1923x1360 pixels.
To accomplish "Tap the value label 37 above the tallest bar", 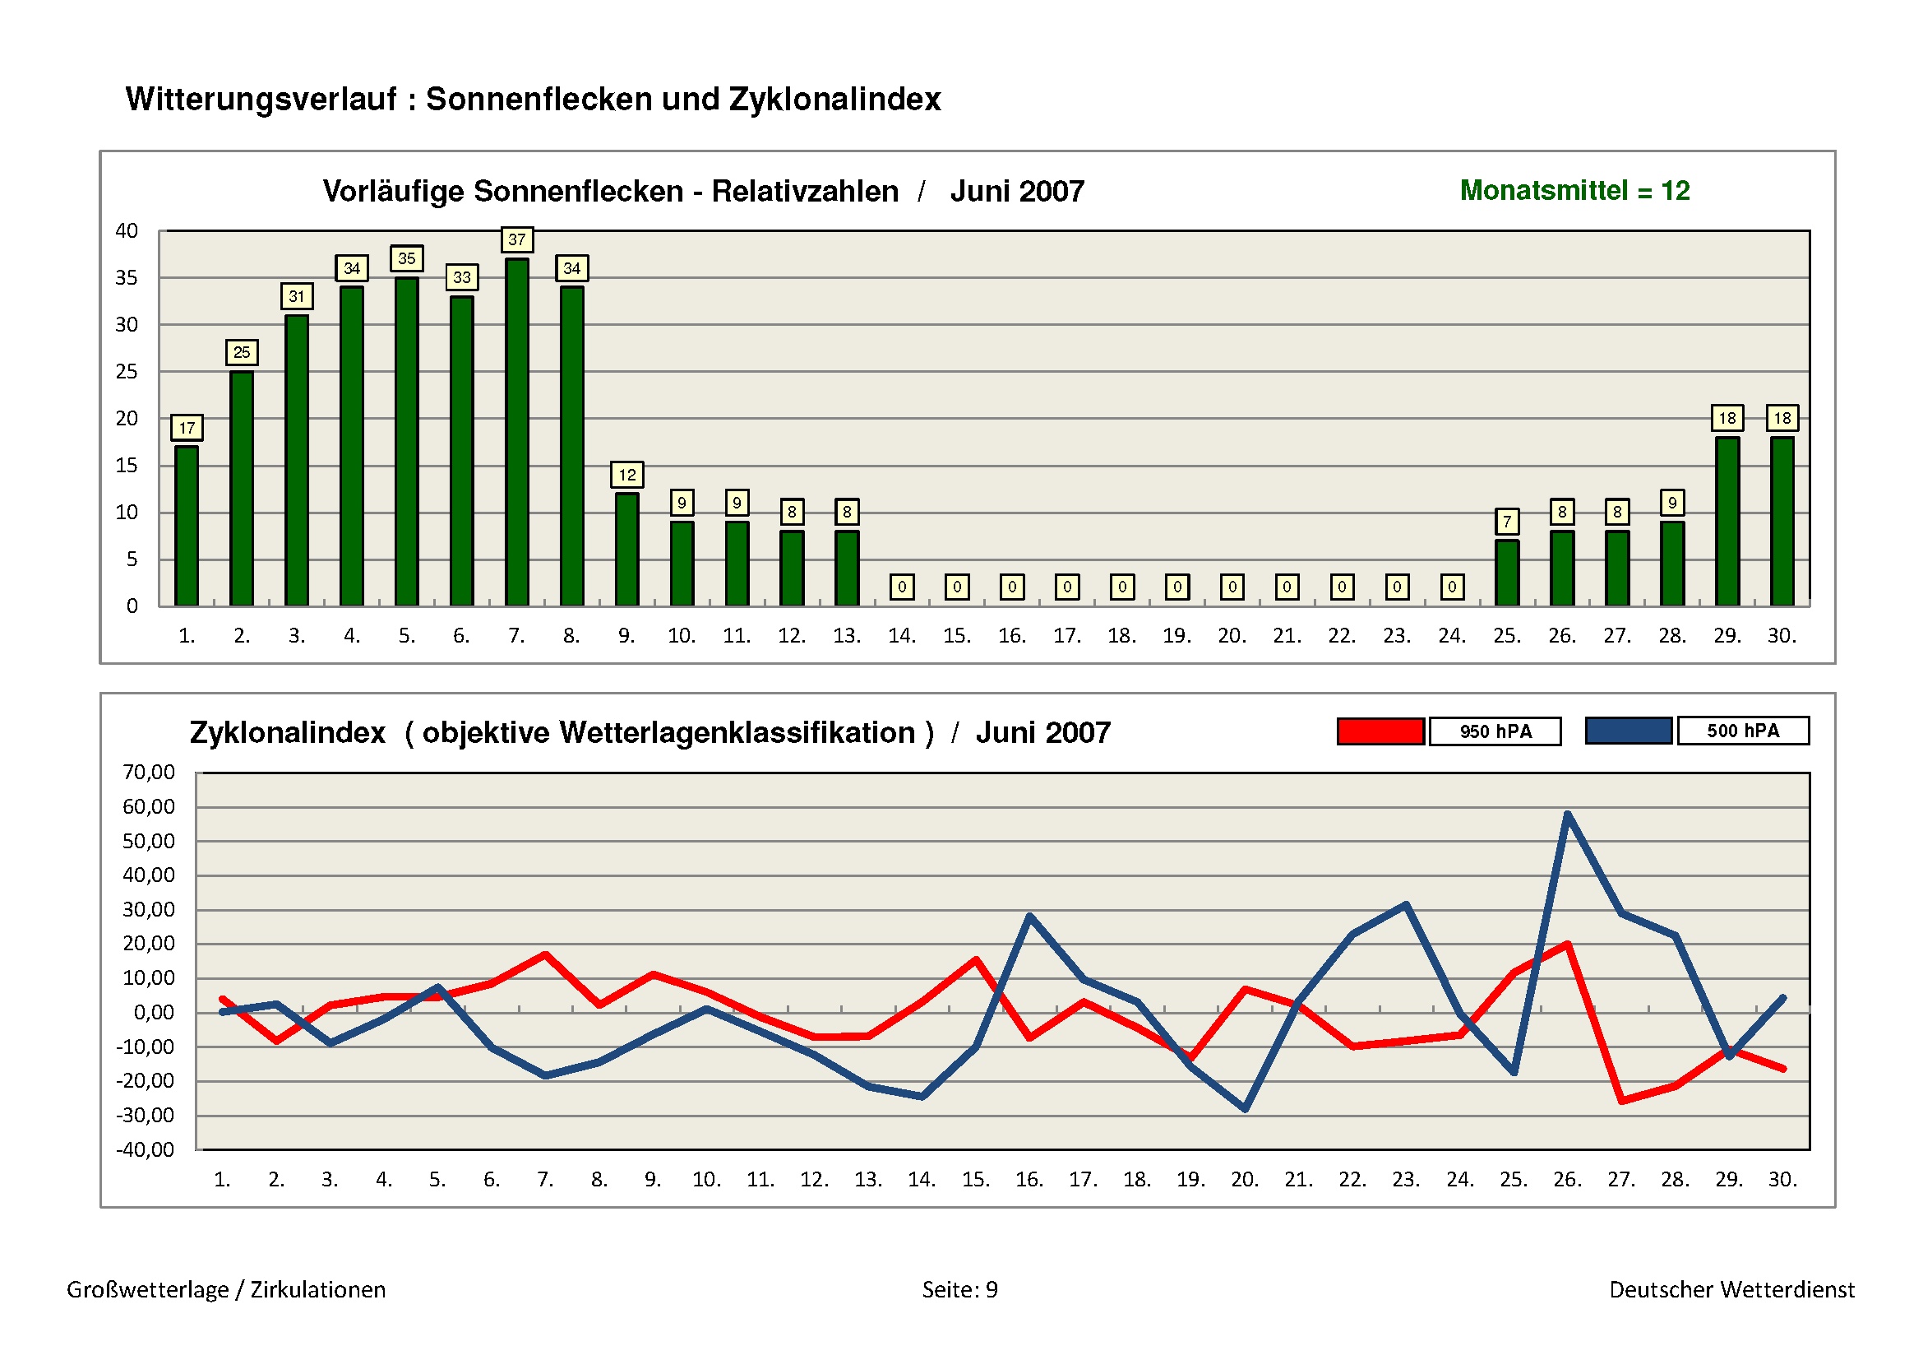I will (x=517, y=239).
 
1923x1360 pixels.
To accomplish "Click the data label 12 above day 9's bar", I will (x=626, y=475).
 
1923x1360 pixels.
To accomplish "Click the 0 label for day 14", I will (x=901, y=587).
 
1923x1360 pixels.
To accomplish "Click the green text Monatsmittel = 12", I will (x=1574, y=191).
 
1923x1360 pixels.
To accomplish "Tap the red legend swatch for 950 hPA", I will (x=1380, y=731).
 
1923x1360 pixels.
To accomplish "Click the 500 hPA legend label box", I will (x=1743, y=731).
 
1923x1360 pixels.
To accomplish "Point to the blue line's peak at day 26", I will (x=1567, y=815).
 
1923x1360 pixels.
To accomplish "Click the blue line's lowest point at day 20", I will (x=1246, y=1108).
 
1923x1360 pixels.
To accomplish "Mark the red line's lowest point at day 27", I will (x=1622, y=1100).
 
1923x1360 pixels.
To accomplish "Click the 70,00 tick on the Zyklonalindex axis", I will (x=149, y=772).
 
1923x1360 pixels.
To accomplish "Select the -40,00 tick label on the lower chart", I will (x=146, y=1149).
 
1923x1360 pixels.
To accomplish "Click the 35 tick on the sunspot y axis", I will (x=127, y=277).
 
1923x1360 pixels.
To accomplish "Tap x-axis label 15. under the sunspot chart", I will (x=956, y=636).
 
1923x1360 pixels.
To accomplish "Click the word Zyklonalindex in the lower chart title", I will (x=287, y=733).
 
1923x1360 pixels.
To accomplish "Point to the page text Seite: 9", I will (x=959, y=1289).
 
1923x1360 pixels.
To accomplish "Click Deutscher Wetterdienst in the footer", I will (x=1731, y=1289).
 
